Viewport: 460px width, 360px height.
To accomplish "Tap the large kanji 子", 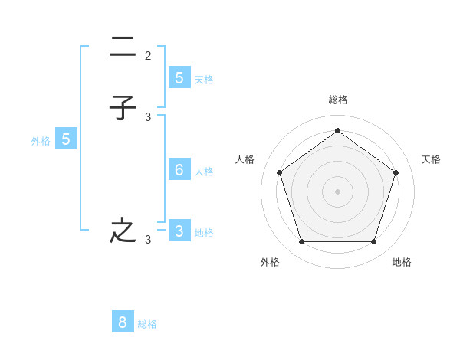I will (123, 108).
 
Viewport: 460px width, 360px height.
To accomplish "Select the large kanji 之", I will (123, 231).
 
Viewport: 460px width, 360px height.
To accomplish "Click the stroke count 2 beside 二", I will (148, 55).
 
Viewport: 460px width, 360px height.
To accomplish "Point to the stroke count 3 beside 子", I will (148, 116).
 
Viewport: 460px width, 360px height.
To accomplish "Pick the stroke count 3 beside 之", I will (148, 240).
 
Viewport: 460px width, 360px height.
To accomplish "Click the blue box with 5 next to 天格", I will (179, 77).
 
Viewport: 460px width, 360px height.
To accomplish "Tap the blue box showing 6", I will (179, 170).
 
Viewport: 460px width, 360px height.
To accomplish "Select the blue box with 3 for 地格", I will (179, 231).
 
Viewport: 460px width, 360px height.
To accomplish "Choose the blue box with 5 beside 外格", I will (66, 139).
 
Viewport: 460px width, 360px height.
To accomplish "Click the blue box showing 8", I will (123, 322).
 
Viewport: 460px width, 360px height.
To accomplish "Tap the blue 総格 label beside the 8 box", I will (147, 324).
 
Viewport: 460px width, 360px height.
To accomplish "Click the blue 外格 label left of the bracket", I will (41, 140).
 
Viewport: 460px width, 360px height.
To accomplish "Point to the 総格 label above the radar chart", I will (337, 100).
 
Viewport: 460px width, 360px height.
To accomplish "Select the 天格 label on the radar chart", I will (431, 159).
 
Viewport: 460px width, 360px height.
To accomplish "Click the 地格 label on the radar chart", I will (402, 262).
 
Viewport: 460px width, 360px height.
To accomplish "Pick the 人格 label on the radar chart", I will (245, 159).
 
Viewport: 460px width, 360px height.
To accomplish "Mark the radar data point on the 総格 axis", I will (337, 130).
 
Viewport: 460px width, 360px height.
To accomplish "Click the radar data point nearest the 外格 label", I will (301, 242).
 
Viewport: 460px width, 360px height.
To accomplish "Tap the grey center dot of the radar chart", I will (337, 191).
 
